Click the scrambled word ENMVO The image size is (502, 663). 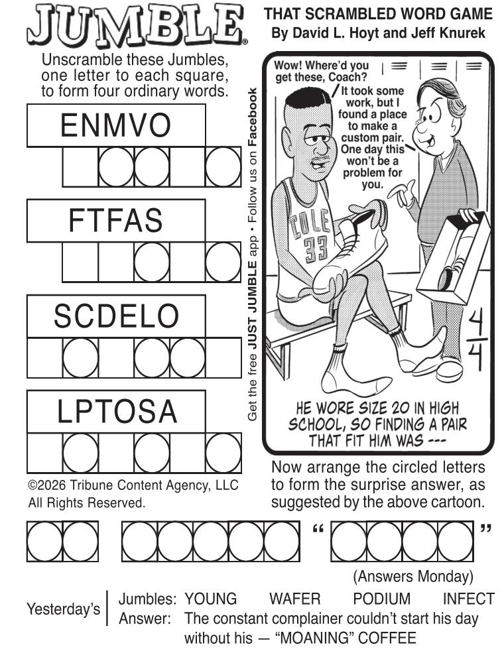[x=115, y=125]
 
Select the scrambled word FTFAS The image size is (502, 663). [x=115, y=220]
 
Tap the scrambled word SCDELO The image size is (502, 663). [x=116, y=316]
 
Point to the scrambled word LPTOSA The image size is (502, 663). [x=117, y=412]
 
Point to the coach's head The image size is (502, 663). [x=436, y=114]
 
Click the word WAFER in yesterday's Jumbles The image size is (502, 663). [x=295, y=599]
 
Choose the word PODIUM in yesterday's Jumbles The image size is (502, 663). [x=381, y=599]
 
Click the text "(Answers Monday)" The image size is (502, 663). [x=412, y=576]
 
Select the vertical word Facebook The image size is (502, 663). [x=252, y=117]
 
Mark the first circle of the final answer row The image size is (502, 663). [x=44, y=541]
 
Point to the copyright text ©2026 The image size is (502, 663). [x=47, y=485]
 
